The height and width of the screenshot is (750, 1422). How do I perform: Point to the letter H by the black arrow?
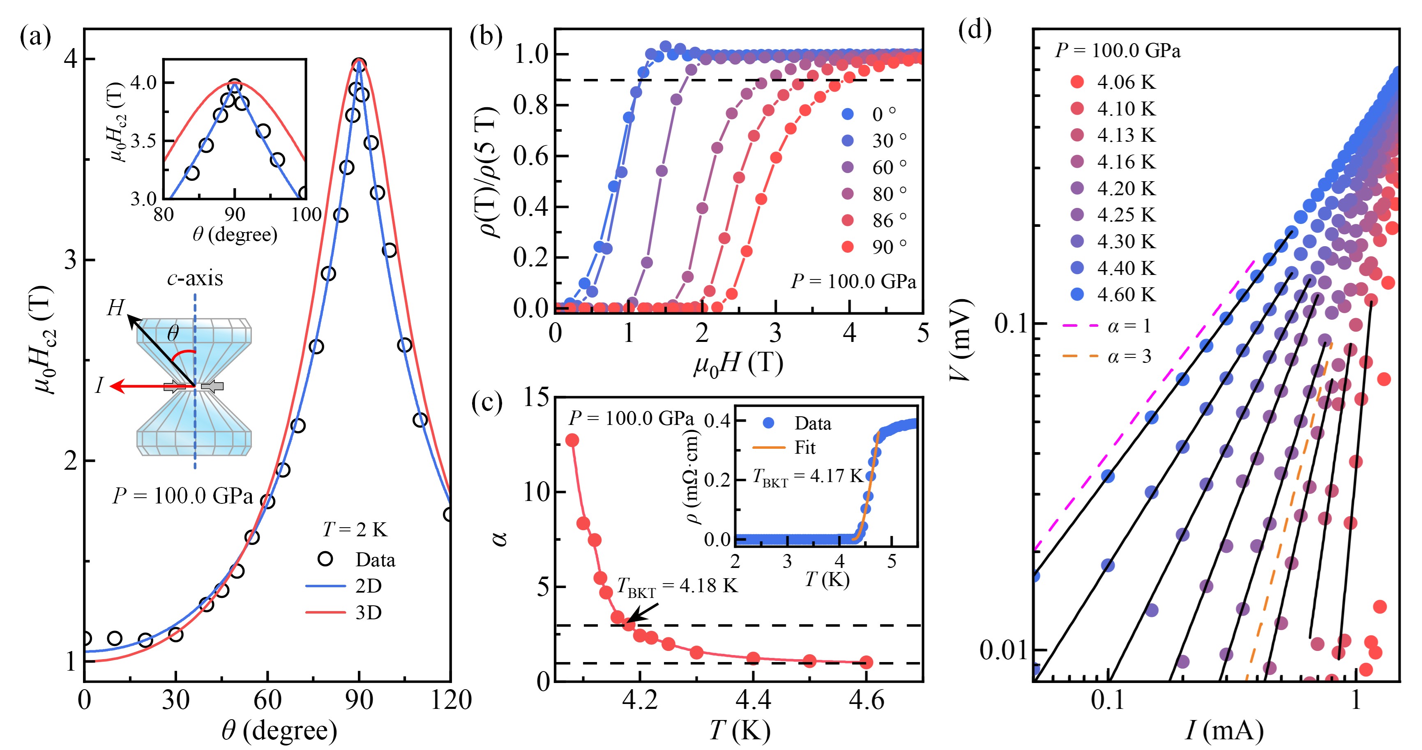115,308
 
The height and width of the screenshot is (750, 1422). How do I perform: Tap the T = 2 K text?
355,530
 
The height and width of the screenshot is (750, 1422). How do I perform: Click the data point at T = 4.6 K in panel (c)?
866,662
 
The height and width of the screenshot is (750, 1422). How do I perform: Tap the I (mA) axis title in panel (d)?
1224,731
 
